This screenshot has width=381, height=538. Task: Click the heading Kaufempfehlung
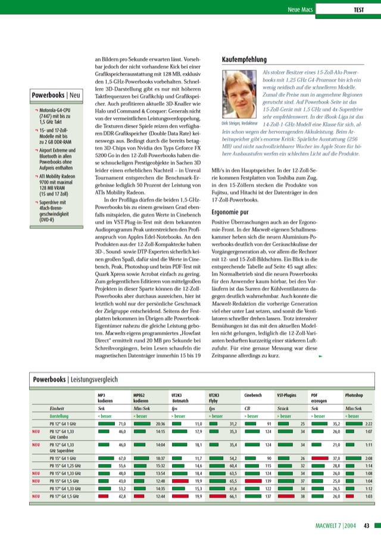[244, 60]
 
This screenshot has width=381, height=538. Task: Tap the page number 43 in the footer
[367, 525]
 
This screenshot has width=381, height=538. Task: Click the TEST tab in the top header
[359, 10]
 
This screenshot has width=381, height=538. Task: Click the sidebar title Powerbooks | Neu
[57, 94]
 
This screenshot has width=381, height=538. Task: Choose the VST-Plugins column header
[288, 395]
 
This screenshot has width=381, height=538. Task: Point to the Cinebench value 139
[267, 480]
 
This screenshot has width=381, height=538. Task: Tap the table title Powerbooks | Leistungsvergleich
[76, 379]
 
